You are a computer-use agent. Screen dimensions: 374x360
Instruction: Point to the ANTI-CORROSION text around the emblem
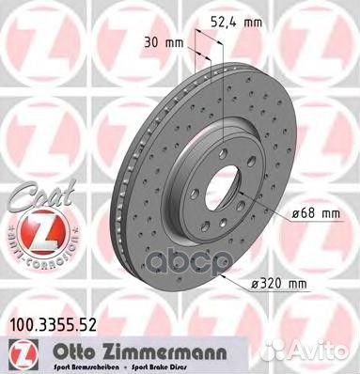pyautogui.click(x=32, y=251)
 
